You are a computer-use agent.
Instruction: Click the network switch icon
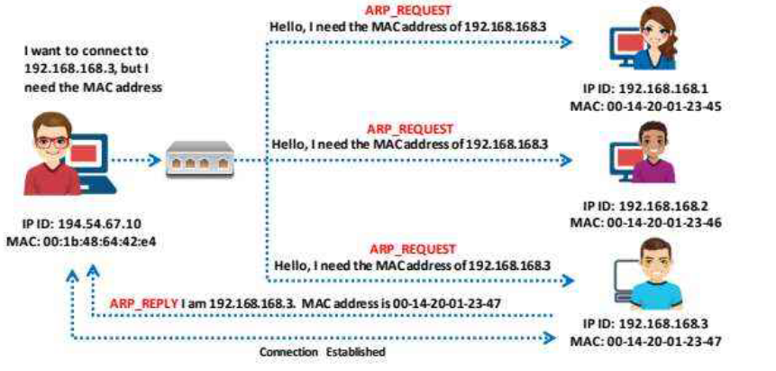pyautogui.click(x=198, y=162)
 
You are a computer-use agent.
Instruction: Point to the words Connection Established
pyautogui.click(x=322, y=351)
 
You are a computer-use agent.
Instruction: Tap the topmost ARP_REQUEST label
pyautogui.click(x=401, y=12)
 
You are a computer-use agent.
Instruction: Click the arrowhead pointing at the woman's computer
pyautogui.click(x=568, y=42)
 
